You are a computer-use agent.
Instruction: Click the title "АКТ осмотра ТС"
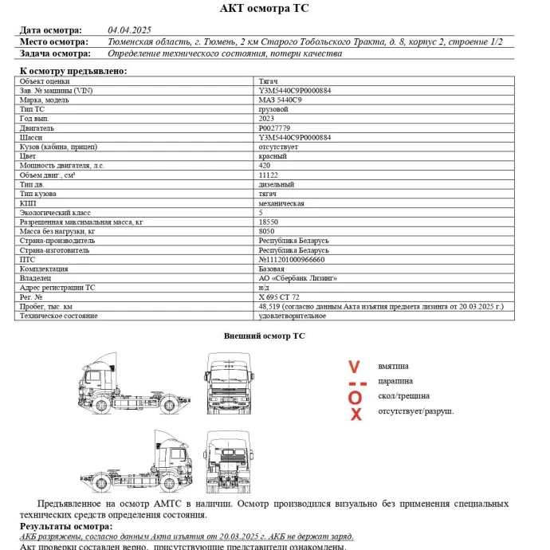264,9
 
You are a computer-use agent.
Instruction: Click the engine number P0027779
274,128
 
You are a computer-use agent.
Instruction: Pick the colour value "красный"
273,156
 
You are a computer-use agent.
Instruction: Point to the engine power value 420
265,165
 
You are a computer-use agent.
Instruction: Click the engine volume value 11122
268,175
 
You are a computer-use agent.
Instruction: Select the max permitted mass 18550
268,222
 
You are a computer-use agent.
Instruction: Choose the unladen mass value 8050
266,231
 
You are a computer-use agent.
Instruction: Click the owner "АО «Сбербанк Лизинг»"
298,278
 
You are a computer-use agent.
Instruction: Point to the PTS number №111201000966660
292,259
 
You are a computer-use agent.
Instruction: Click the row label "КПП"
28,203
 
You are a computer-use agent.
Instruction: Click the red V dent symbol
355,367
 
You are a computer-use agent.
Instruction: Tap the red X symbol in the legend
356,414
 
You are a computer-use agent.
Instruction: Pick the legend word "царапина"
395,381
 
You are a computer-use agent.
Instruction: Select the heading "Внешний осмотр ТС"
264,336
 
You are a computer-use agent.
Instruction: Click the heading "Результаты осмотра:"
65,527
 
